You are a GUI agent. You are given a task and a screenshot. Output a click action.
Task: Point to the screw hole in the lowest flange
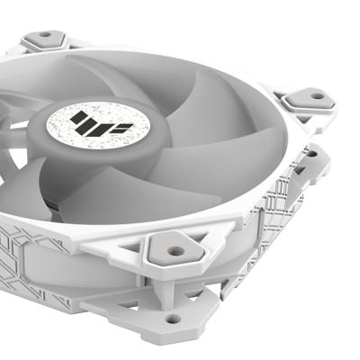[172, 318]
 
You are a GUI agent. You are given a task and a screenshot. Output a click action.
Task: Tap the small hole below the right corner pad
[311, 154]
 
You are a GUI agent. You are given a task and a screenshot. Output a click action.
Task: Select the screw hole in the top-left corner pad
[44, 39]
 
